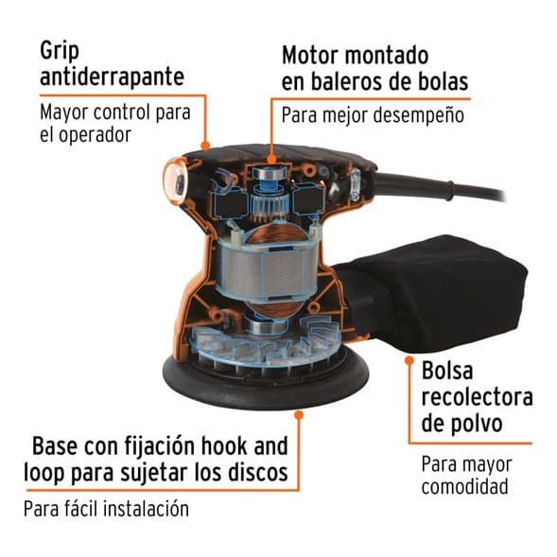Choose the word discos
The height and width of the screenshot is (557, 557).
[x=257, y=473]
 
